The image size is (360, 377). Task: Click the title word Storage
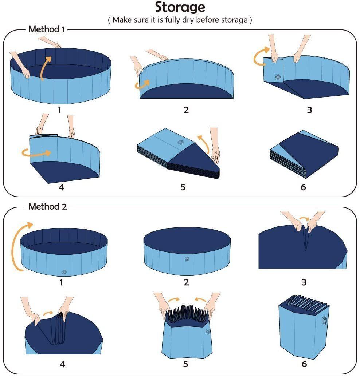180,7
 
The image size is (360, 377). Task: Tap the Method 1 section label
47,29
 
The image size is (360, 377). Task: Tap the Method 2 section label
48,207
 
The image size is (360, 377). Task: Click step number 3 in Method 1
309,110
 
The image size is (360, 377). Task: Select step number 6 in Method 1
303,187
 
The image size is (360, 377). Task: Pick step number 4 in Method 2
62,364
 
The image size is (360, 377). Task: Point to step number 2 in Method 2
186,282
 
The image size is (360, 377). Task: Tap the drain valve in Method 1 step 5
180,143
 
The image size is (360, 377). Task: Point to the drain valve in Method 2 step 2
187,259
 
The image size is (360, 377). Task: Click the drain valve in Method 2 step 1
64,272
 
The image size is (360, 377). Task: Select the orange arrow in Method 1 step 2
142,85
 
